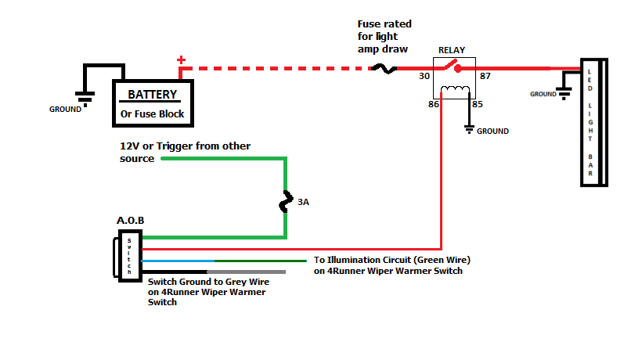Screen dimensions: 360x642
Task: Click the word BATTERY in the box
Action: pyautogui.click(x=153, y=95)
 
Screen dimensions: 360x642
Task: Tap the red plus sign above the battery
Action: pyautogui.click(x=182, y=59)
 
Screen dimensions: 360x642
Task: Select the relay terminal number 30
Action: pyautogui.click(x=424, y=76)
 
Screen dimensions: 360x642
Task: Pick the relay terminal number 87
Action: pyautogui.click(x=485, y=76)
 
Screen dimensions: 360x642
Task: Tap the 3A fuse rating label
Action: pyautogui.click(x=304, y=202)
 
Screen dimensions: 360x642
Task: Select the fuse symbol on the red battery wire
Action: pyautogui.click(x=384, y=69)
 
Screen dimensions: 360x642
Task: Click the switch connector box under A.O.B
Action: pyautogui.click(x=129, y=254)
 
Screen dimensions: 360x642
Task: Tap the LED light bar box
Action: pyautogui.click(x=593, y=122)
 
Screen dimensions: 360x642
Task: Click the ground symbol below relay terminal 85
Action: pyautogui.click(x=469, y=127)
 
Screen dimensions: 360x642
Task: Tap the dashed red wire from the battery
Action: pyautogui.click(x=274, y=69)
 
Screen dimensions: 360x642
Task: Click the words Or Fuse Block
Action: pyautogui.click(x=152, y=114)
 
